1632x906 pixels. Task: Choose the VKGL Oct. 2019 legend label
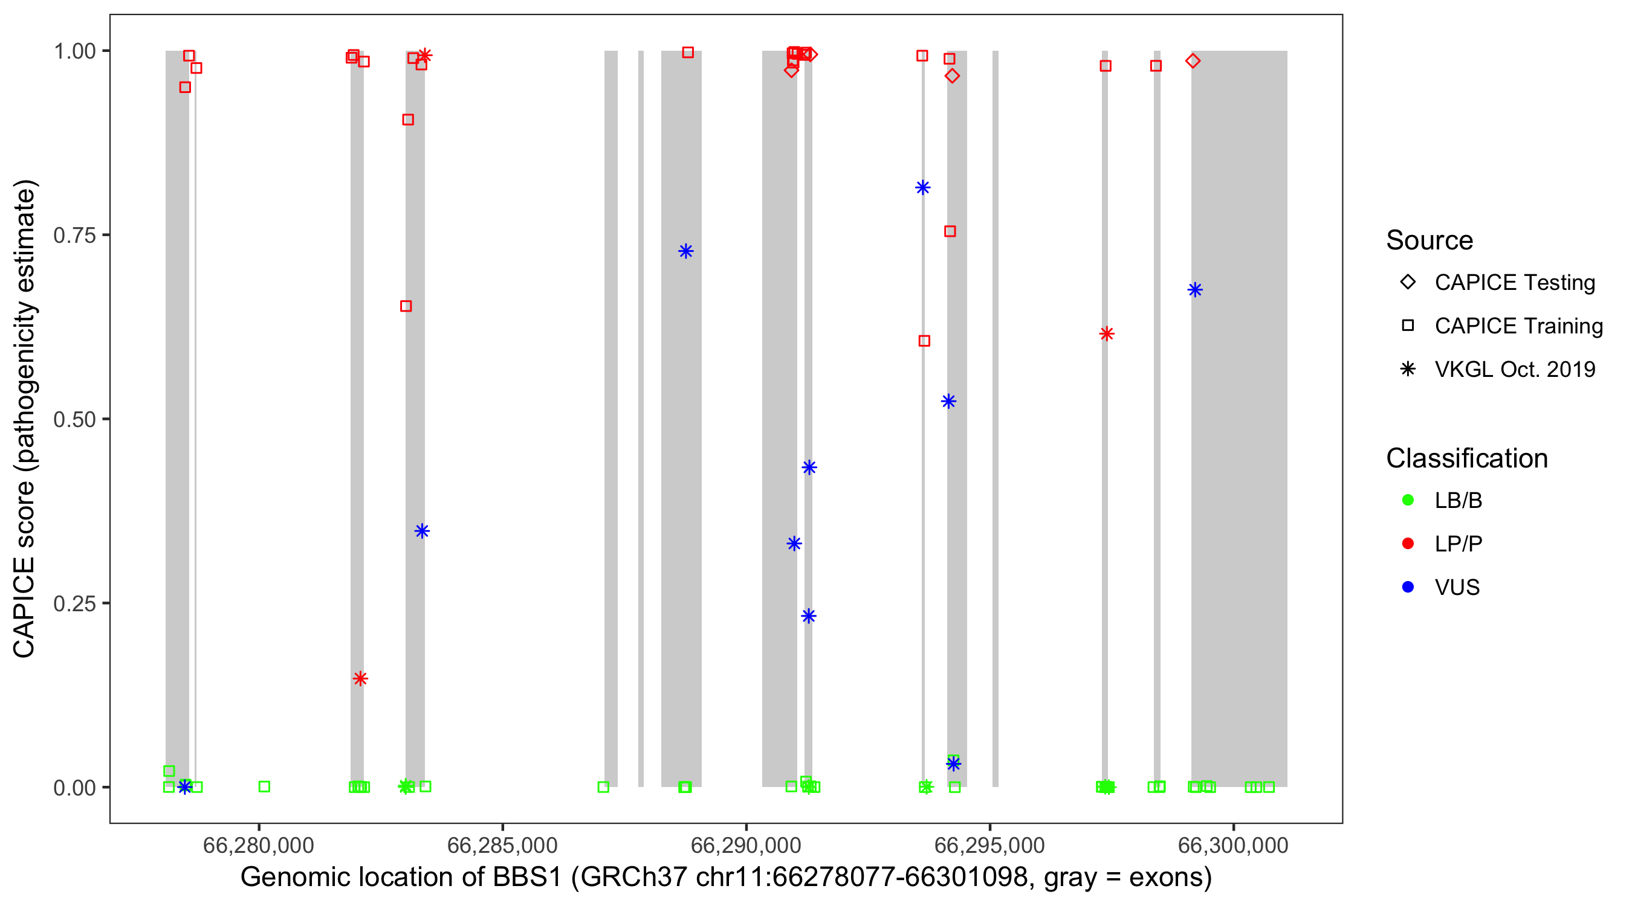(x=1515, y=369)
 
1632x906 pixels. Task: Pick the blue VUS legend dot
(x=1408, y=587)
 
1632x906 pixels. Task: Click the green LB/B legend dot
(x=1408, y=500)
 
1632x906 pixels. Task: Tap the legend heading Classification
(x=1466, y=458)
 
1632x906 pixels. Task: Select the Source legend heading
(x=1430, y=240)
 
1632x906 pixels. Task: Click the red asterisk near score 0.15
(x=360, y=679)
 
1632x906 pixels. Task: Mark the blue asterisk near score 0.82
(x=922, y=187)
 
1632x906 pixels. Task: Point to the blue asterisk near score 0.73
(x=685, y=251)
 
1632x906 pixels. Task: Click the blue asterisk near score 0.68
(x=1195, y=290)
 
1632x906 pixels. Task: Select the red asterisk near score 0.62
(x=1107, y=333)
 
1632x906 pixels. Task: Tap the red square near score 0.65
(x=406, y=306)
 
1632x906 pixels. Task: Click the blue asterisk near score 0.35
(x=422, y=530)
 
